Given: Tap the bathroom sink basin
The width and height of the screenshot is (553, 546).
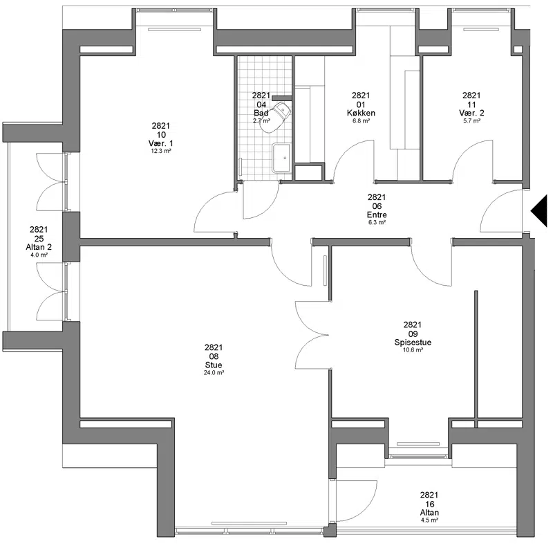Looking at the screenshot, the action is point(281,158).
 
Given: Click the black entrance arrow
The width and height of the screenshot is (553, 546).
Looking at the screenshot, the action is point(539,211).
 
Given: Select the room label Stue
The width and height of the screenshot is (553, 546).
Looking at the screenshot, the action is point(214,365).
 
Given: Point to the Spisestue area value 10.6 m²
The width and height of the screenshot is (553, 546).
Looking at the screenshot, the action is point(413,350).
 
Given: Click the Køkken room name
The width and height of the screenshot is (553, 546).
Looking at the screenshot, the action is point(361,113).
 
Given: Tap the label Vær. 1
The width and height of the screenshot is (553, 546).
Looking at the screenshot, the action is point(161,143).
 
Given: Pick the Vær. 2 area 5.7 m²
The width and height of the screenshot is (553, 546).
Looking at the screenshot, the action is point(471,121).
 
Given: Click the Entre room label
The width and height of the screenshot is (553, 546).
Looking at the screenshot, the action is point(377,215).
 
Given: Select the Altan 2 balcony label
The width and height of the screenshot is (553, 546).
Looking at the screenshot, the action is point(39,247).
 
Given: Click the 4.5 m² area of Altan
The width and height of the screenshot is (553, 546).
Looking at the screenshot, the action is point(429,520).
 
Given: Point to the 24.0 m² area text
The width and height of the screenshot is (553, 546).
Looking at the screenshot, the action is point(214,372).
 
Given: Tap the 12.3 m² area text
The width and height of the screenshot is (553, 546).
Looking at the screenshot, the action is point(161,151).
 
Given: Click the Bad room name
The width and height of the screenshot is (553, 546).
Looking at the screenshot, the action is point(261,113).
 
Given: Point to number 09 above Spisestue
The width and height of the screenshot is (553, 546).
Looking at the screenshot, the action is point(413,334).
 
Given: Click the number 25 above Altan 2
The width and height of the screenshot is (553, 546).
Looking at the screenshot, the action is point(39,239).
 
